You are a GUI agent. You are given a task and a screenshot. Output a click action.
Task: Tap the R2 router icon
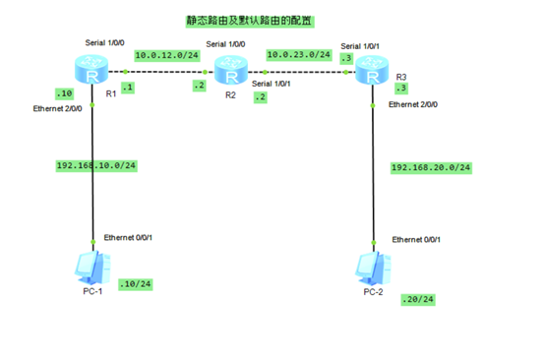230,72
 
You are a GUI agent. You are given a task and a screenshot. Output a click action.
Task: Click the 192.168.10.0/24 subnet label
95,165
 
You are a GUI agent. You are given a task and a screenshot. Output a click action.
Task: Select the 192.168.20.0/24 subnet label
430,167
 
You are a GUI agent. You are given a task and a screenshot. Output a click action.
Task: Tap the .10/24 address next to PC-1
134,285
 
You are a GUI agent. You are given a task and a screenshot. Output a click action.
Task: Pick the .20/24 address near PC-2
417,299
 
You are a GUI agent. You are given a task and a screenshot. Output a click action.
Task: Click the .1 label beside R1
127,88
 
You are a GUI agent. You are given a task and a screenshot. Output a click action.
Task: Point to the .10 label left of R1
65,93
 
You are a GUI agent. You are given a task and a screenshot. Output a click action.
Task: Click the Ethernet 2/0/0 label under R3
413,103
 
